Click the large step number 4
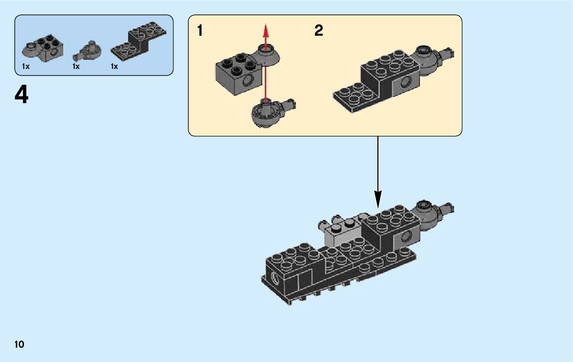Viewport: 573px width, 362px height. [x=21, y=95]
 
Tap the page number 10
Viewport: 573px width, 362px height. [x=19, y=345]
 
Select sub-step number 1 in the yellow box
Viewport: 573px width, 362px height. [x=200, y=31]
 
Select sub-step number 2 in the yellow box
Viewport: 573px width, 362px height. [x=319, y=31]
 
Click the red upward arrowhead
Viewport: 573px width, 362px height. [x=265, y=29]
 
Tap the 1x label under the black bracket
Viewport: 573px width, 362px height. [x=114, y=66]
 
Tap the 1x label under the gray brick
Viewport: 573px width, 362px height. [x=26, y=66]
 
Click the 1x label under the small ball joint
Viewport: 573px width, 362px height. [x=76, y=66]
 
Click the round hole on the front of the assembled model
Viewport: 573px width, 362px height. [x=276, y=278]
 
